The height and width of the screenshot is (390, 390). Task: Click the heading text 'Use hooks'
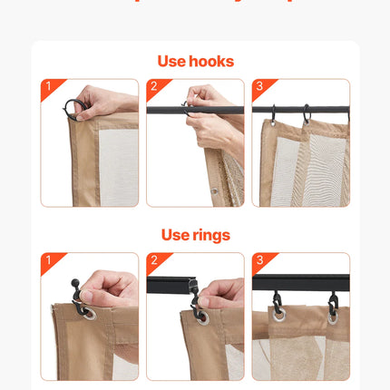[x=195, y=62]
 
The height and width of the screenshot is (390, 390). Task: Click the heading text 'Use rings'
[x=195, y=235]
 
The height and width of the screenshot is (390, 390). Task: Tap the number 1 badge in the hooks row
[x=47, y=87]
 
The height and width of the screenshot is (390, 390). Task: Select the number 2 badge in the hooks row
[x=153, y=87]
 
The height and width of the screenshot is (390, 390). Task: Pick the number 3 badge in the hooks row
[x=259, y=87]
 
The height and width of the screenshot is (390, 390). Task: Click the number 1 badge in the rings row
[x=47, y=260]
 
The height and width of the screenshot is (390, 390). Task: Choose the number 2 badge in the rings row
[x=153, y=260]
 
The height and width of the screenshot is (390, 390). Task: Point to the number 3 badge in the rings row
[x=259, y=260]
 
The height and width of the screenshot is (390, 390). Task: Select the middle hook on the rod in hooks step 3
[x=307, y=114]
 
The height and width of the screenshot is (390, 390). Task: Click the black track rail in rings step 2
[x=168, y=285]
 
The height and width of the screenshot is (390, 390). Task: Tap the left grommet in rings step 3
[x=278, y=315]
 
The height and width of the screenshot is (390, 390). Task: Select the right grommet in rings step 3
[x=335, y=315]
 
